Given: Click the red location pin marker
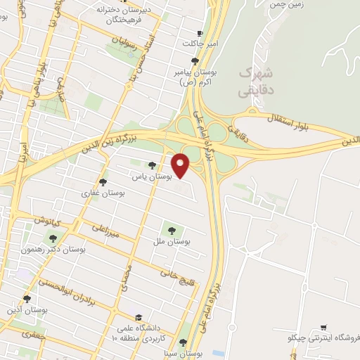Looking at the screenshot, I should click(x=181, y=165).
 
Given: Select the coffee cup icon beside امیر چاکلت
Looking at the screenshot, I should click(x=200, y=34).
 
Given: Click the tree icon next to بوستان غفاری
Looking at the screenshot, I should click(x=103, y=182).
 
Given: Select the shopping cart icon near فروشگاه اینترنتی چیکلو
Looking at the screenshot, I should click(x=324, y=328).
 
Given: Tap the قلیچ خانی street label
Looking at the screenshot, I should click(x=174, y=269).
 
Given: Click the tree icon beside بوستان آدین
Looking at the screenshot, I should click(x=27, y=299).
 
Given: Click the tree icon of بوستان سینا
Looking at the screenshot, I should click(x=183, y=342).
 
